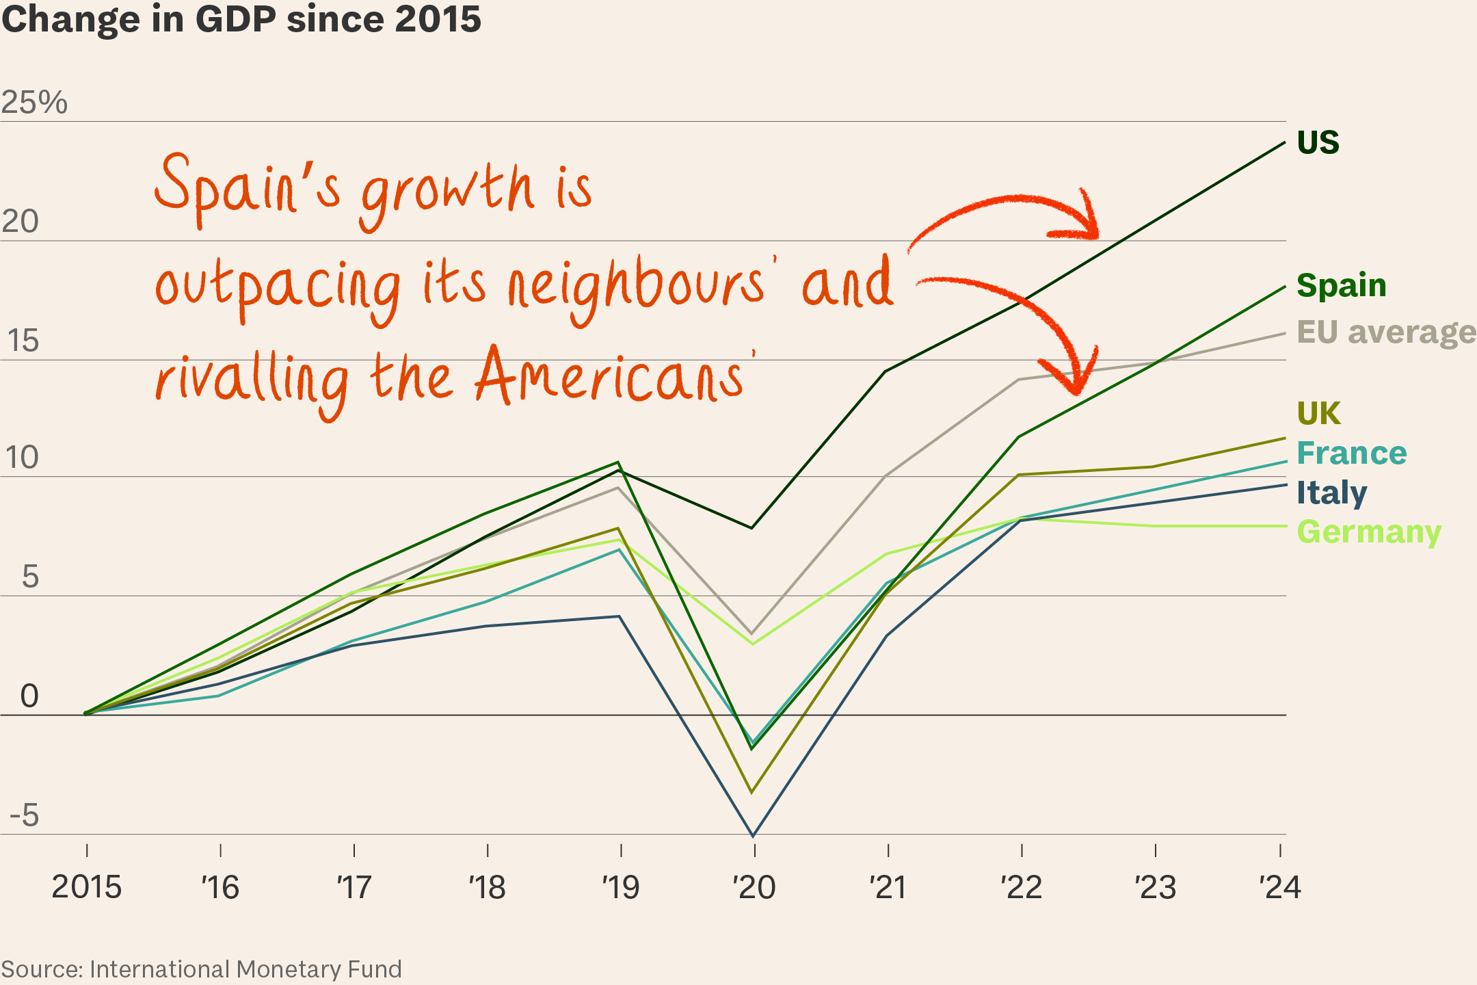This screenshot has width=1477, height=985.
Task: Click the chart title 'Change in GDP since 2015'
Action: pyautogui.click(x=241, y=19)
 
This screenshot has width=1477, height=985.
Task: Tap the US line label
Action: pyautogui.click(x=1318, y=143)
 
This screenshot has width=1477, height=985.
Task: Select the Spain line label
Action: pyautogui.click(x=1341, y=285)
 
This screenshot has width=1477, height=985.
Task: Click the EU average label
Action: pyautogui.click(x=1385, y=332)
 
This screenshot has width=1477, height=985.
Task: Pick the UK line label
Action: pyautogui.click(x=1318, y=413)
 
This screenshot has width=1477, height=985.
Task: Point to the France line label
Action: pyautogui.click(x=1351, y=453)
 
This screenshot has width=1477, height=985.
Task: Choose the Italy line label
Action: pyautogui.click(x=1331, y=492)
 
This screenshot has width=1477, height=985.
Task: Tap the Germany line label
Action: pyautogui.click(x=1368, y=532)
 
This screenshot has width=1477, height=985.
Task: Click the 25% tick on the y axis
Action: pyautogui.click(x=34, y=103)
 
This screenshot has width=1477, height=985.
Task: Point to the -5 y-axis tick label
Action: pyautogui.click(x=25, y=815)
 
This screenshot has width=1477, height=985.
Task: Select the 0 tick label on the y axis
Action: pyautogui.click(x=29, y=696)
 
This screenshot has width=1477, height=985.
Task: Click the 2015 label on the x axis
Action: pyautogui.click(x=87, y=888)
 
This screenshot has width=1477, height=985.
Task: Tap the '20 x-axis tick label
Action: pyautogui.click(x=754, y=888)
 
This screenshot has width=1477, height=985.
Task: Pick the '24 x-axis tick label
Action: pyautogui.click(x=1280, y=888)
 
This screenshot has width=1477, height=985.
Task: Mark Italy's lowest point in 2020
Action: pyautogui.click(x=753, y=835)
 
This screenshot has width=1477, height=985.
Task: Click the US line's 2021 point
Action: pyautogui.click(x=886, y=371)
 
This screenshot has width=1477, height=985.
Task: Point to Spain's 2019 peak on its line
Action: pyautogui.click(x=618, y=462)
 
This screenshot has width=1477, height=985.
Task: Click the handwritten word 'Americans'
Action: pyautogui.click(x=609, y=378)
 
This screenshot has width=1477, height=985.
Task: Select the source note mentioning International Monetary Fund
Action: pyautogui.click(x=202, y=969)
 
